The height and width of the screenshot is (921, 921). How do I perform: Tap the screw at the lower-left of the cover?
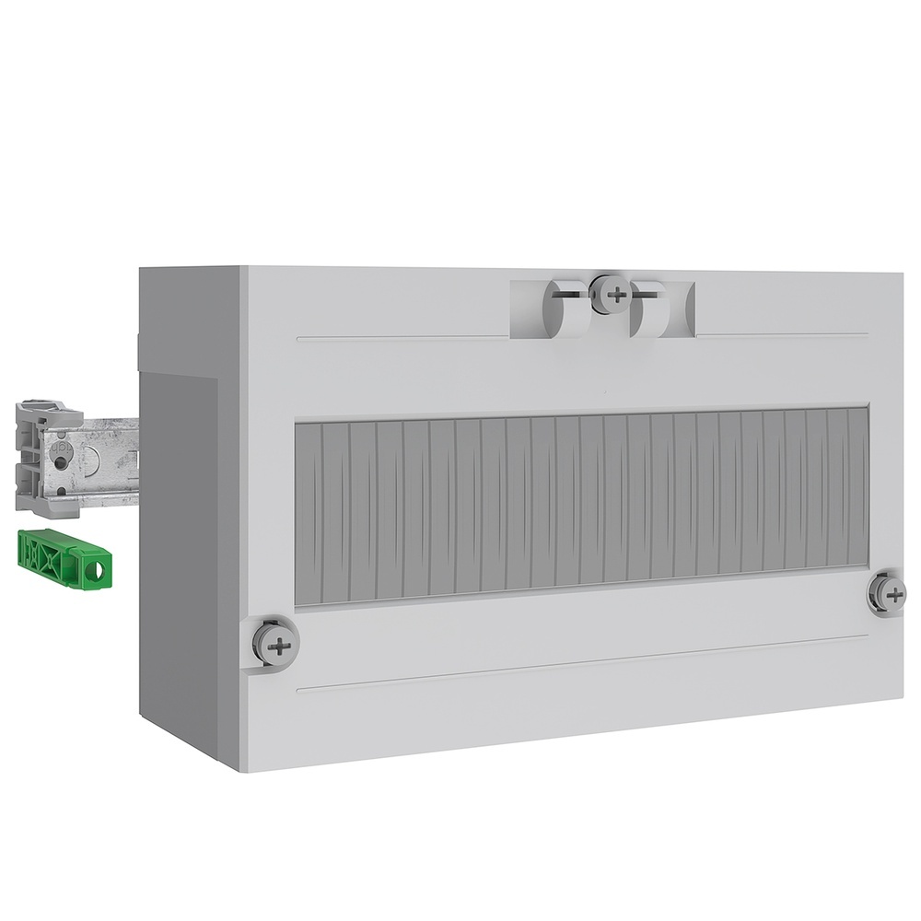click(x=276, y=644)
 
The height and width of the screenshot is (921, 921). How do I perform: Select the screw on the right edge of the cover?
click(x=889, y=594)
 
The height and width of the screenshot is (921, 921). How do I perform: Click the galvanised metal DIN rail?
click(x=106, y=460)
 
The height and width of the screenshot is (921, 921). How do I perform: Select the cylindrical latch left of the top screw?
click(x=563, y=308)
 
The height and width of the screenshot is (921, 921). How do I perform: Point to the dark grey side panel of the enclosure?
click(x=184, y=553)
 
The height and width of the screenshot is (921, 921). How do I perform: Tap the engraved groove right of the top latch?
click(x=783, y=334)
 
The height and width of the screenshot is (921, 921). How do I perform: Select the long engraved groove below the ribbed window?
click(x=580, y=662)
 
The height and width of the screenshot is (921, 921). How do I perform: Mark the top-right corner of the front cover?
click(x=902, y=272)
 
